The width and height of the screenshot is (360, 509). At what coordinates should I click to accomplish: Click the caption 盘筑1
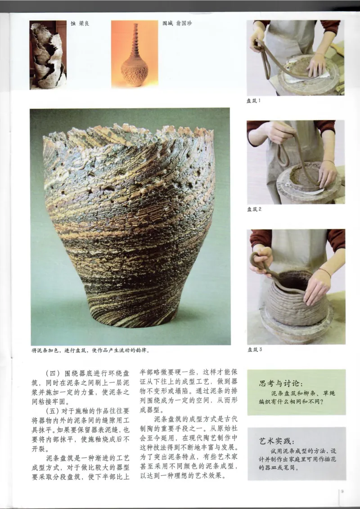click(253, 101)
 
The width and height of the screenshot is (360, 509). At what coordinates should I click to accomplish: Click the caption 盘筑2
click(254, 209)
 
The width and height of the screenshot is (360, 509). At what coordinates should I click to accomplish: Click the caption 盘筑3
click(254, 349)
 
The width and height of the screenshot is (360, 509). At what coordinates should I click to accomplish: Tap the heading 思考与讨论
click(278, 384)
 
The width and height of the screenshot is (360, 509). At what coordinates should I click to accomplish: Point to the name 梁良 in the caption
click(84, 23)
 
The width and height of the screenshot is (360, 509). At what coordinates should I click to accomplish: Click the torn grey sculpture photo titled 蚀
click(48, 54)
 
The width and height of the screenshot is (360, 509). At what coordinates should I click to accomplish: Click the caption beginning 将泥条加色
click(90, 349)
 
